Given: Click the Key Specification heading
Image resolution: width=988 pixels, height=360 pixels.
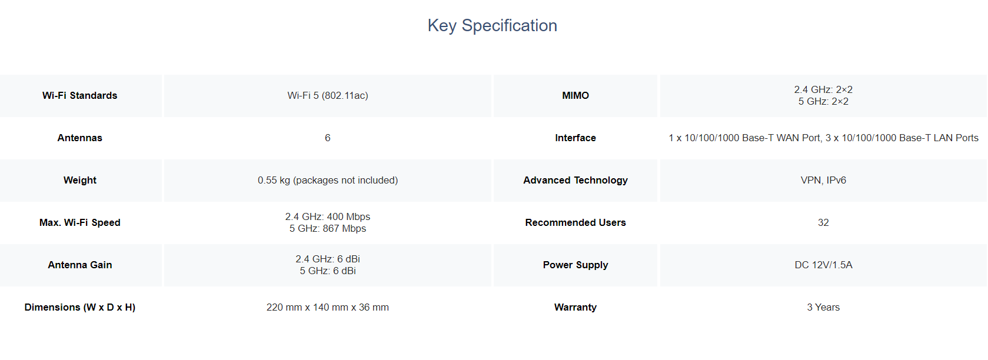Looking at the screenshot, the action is [x=493, y=26].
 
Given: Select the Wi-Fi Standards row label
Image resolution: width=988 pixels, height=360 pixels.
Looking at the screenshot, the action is [x=80, y=95].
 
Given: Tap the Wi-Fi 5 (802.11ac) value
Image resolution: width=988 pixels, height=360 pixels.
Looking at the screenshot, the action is [x=328, y=95].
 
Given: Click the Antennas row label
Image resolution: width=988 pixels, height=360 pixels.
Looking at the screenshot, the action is [x=80, y=138].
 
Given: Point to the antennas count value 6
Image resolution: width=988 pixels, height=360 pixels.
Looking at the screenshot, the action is [x=328, y=138].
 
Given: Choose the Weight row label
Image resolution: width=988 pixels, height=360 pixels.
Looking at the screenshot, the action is [x=80, y=180].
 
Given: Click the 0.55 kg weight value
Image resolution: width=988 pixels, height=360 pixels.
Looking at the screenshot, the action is [x=328, y=180].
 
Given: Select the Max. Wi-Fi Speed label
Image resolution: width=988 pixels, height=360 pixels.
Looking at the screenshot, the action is [x=80, y=222].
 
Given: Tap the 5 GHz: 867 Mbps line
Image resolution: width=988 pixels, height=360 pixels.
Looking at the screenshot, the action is [x=328, y=228].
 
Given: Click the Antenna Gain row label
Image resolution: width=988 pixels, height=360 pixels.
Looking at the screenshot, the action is [x=80, y=265].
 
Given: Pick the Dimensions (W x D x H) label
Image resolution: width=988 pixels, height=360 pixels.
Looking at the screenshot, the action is [x=80, y=307].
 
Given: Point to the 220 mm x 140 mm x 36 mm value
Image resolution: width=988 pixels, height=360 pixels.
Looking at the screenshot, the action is [x=328, y=307].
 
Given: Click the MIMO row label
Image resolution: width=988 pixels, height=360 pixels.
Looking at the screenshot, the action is [x=575, y=95].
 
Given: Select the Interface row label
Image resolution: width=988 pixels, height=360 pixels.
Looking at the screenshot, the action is [x=575, y=138].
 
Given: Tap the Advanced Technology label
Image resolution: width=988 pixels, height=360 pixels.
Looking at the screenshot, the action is [x=575, y=180].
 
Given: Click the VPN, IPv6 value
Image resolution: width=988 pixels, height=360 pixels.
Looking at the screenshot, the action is [x=823, y=180].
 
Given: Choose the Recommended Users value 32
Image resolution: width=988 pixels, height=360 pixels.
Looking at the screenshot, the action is [x=823, y=222].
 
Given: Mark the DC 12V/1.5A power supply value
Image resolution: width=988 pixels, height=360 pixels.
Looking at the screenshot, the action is [x=823, y=265].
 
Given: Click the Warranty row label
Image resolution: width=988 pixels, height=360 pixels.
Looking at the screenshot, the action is [x=575, y=307].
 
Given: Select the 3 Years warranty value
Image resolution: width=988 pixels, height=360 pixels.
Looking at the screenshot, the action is [x=823, y=307].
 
